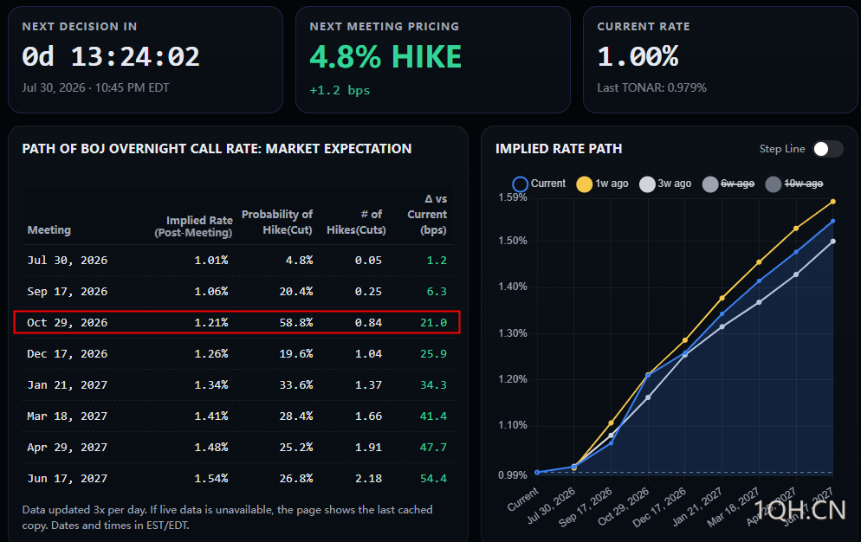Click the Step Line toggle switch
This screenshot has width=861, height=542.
click(x=827, y=149)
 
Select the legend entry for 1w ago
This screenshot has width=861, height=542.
click(x=602, y=184)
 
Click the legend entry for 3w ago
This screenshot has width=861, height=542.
click(x=665, y=184)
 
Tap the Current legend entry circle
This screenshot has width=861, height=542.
click(x=520, y=184)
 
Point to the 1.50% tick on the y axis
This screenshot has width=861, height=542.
click(x=512, y=241)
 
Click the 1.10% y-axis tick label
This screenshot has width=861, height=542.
click(x=512, y=425)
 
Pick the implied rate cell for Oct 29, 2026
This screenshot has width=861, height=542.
click(x=210, y=322)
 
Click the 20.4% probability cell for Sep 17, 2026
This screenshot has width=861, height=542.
click(x=296, y=291)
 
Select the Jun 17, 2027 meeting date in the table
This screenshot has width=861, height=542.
click(x=67, y=478)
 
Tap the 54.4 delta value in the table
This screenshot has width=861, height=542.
click(x=433, y=478)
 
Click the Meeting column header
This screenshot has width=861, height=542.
click(x=49, y=229)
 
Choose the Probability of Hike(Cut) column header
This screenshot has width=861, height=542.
click(x=277, y=222)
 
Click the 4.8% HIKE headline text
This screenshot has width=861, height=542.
click(x=385, y=56)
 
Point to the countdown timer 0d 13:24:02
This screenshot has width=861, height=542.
click(x=110, y=56)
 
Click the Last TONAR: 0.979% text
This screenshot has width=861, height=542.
click(x=651, y=87)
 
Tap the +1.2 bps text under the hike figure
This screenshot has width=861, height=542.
click(x=340, y=90)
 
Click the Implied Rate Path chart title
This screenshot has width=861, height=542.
click(x=559, y=149)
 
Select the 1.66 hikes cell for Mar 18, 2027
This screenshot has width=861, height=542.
click(x=368, y=416)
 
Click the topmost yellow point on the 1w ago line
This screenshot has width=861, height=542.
click(x=833, y=202)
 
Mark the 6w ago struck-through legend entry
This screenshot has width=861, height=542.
click(x=728, y=184)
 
